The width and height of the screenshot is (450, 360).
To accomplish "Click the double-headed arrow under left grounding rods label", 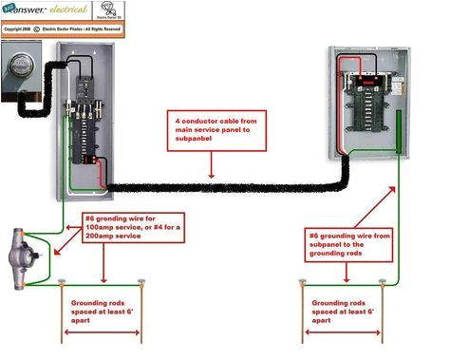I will coord(102,333).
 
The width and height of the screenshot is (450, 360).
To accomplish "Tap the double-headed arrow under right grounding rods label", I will coord(343,333).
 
